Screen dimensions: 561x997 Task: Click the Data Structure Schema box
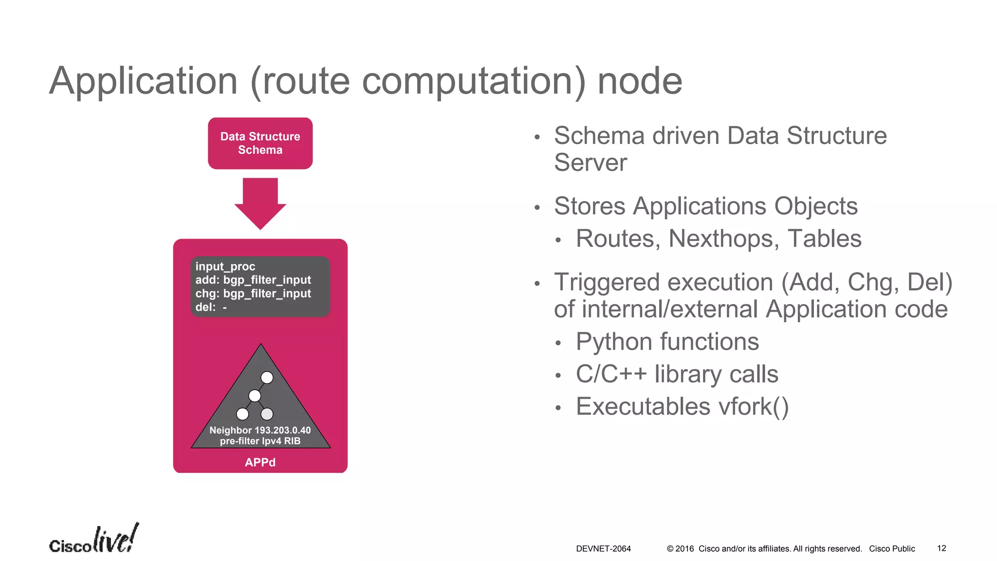click(x=260, y=143)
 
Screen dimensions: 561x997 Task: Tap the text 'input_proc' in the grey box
click(x=225, y=266)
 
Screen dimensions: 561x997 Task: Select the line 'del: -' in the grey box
click(x=211, y=307)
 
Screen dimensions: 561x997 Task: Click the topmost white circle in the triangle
click(x=267, y=377)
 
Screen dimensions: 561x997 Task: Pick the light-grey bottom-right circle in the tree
click(x=267, y=414)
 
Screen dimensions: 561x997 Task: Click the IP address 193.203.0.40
click(x=283, y=430)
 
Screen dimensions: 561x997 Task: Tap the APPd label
click(x=260, y=462)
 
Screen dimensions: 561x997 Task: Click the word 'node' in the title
click(x=639, y=81)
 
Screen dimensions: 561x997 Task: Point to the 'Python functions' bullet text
click(x=667, y=341)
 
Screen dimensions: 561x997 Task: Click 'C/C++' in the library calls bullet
click(x=611, y=374)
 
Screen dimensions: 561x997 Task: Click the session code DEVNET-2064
click(x=603, y=548)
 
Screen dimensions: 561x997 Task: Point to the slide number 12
click(x=942, y=548)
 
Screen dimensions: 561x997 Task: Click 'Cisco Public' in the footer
click(x=892, y=548)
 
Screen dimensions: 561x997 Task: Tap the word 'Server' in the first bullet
click(x=591, y=162)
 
